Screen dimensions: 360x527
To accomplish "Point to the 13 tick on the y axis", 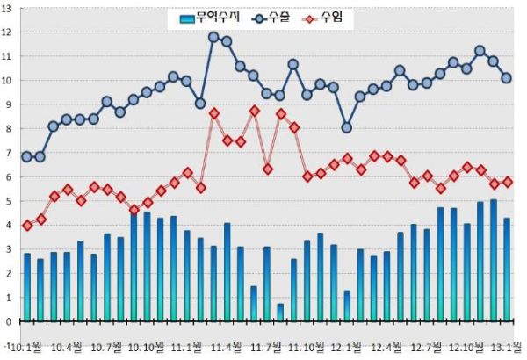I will (7, 8).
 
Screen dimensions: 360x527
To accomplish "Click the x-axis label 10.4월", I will (67, 348).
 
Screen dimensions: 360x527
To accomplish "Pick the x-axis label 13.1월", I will (507, 348).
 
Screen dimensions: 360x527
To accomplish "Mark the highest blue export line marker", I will (213, 37).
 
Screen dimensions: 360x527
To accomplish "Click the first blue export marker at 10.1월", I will (27, 157).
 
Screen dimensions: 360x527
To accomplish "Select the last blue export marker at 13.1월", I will (507, 77).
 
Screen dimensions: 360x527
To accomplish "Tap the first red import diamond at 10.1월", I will (27, 226).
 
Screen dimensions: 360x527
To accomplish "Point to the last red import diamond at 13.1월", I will (507, 182).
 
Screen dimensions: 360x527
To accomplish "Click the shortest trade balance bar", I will (280, 312).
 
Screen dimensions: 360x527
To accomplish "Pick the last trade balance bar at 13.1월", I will (507, 269).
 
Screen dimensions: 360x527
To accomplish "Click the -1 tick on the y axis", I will (7, 346).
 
